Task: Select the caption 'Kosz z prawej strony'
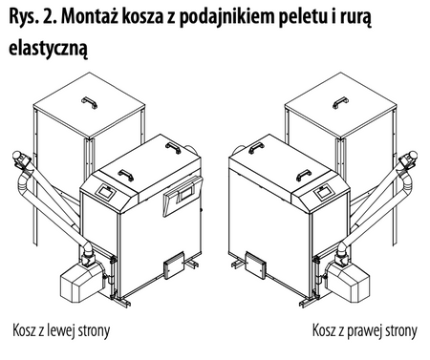point(363,332)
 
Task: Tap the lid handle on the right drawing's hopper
point(334,97)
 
